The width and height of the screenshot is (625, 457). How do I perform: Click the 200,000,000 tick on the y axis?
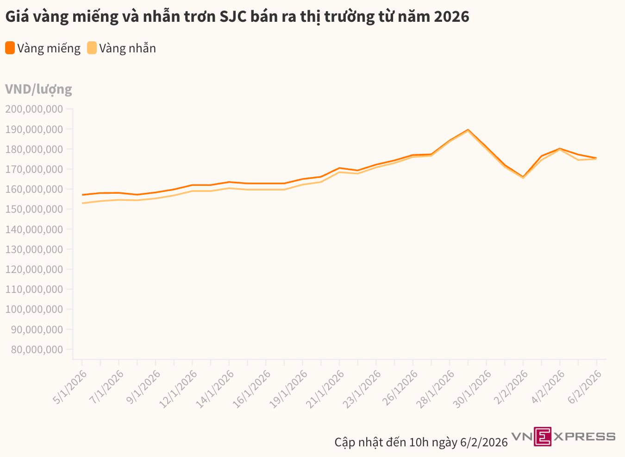34,109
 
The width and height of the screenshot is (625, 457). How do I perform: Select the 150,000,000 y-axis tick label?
34,209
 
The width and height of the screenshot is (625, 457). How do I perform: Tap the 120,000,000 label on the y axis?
34,269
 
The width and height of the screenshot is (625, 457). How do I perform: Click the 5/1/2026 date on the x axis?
70,387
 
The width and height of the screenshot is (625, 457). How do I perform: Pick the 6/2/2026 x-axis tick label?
585,387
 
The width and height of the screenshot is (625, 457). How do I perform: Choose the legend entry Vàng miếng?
49,48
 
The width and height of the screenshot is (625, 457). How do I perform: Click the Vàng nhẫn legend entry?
127,48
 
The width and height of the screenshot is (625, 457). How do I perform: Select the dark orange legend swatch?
10,48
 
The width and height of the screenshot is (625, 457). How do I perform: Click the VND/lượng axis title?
38,89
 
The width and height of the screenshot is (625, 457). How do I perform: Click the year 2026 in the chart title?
451,17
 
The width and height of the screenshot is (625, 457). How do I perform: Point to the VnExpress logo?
563,436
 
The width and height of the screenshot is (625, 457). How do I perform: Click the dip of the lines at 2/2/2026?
523,177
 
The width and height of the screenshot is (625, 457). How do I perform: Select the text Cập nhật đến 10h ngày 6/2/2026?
421,442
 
